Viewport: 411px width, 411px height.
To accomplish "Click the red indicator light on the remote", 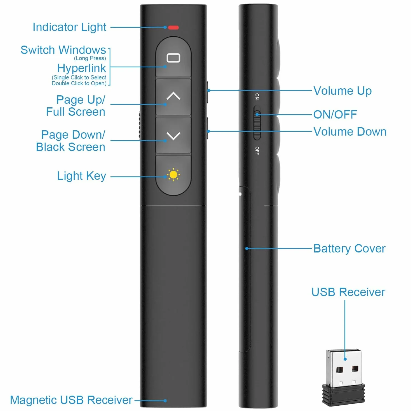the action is point(173,27).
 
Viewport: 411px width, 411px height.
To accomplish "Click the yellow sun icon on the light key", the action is point(173,175).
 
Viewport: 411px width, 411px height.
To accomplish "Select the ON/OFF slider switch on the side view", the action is point(257,123).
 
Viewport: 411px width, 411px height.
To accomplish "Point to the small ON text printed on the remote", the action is point(257,96).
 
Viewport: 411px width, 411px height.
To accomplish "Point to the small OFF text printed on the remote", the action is point(257,151).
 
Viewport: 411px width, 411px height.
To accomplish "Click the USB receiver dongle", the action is point(343,377).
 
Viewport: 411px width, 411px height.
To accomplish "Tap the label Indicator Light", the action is point(69,27).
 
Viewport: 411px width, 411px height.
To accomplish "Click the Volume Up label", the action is point(342,91).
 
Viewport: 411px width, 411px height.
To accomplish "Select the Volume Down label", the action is point(350,132).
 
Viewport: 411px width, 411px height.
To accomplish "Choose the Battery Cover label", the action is point(349,249).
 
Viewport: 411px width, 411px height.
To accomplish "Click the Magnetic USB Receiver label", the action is point(71,400).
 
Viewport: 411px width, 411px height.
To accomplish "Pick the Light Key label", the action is point(81,176).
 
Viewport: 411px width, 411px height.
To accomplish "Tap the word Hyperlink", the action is point(81,68).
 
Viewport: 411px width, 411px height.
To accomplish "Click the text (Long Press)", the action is point(90,58).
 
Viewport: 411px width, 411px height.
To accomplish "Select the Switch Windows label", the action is point(63,50).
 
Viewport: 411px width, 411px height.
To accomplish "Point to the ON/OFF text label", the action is point(335,115).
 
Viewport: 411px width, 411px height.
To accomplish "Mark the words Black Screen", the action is point(70,147).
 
